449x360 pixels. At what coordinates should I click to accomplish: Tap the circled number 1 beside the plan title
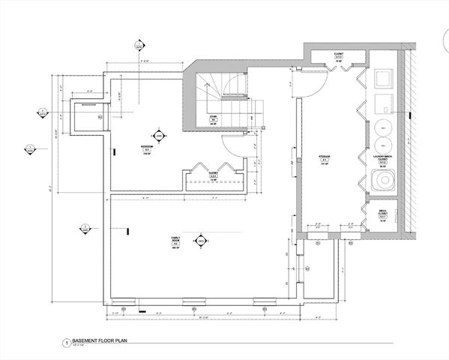tap(67, 342)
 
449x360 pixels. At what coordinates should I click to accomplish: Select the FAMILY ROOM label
tap(174, 238)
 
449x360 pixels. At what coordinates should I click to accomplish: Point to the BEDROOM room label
tap(147, 147)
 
